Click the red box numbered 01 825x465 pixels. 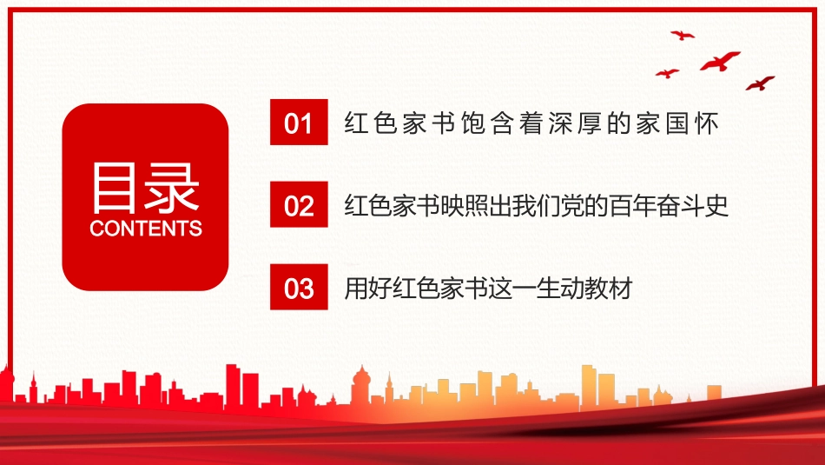[x=299, y=123]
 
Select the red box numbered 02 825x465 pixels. [x=299, y=204]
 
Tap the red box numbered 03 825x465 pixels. [x=299, y=287]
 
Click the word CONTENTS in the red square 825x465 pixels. [x=146, y=229]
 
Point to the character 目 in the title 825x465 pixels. [x=114, y=187]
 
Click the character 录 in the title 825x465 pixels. [x=172, y=187]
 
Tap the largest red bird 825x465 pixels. [x=720, y=61]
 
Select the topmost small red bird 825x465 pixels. [x=683, y=36]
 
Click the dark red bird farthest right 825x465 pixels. [x=760, y=83]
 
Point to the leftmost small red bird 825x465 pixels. [x=667, y=73]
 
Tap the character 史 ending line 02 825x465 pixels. [x=716, y=205]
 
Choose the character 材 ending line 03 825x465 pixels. [x=620, y=288]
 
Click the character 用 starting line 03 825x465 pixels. [x=356, y=288]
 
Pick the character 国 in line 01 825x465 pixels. [x=677, y=123]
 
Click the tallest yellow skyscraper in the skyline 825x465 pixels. [x=589, y=387]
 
